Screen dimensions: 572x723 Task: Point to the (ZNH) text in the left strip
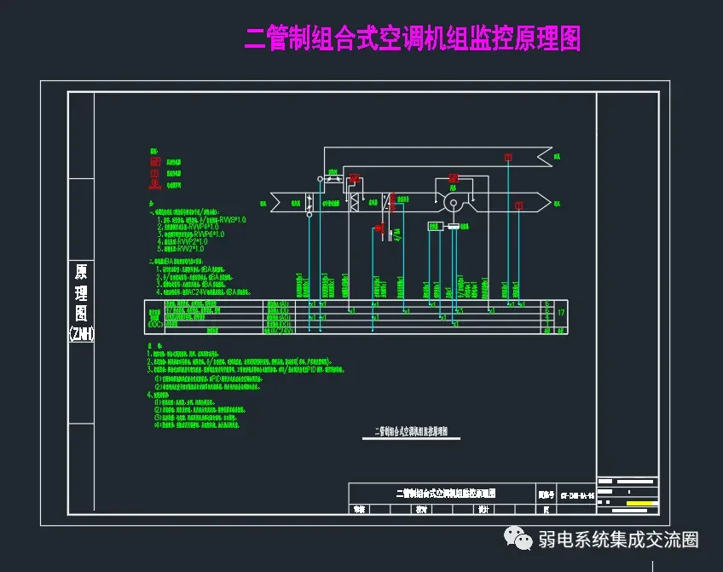(81, 335)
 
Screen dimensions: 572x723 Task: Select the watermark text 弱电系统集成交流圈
(618, 540)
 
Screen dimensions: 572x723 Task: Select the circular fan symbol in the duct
(454, 203)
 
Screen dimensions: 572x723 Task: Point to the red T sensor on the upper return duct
(508, 157)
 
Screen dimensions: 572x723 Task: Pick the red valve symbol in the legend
(155, 182)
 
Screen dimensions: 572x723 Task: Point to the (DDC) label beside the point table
(155, 324)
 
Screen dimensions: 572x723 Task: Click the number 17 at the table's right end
(560, 313)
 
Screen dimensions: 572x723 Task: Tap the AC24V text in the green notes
(192, 290)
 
